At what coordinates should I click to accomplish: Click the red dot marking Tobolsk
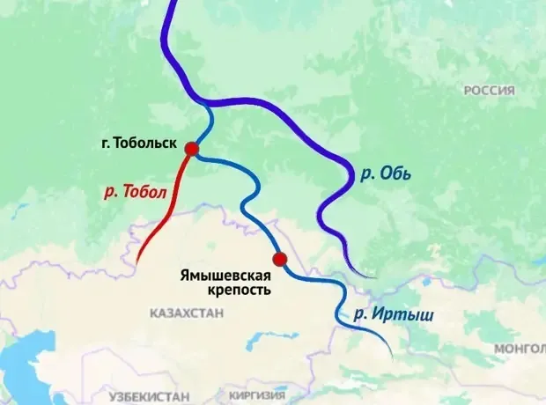click(x=191, y=149)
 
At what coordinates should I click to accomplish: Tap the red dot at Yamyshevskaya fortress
click(x=280, y=259)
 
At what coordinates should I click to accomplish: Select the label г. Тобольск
click(x=140, y=143)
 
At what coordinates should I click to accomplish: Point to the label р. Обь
click(x=385, y=173)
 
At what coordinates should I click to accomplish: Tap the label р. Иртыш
click(x=382, y=314)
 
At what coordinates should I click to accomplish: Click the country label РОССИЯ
click(x=489, y=91)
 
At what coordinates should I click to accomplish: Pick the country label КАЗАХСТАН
click(x=187, y=313)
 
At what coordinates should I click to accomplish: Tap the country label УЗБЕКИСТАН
click(x=151, y=397)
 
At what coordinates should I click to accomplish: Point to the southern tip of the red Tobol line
click(x=137, y=261)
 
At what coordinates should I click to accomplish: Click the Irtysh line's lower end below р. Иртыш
click(x=388, y=355)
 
